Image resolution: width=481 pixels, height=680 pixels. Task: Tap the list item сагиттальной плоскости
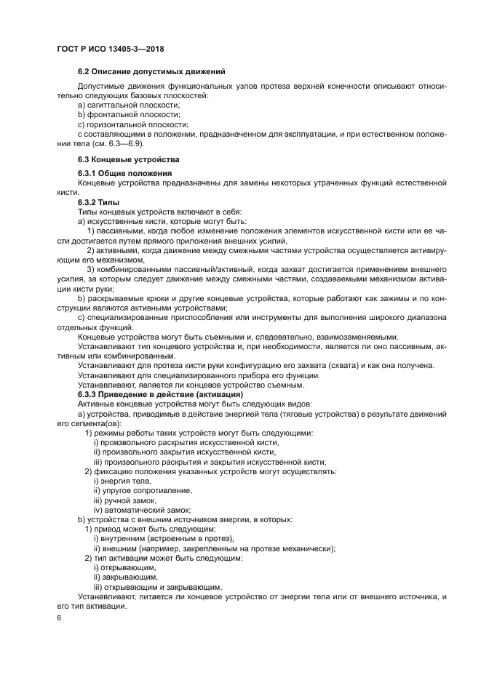[x=123, y=105]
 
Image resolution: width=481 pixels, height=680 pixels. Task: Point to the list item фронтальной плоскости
[x=123, y=115]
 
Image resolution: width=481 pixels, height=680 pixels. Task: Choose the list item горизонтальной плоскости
[x=128, y=124]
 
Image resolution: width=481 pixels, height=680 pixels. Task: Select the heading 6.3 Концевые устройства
[x=128, y=159]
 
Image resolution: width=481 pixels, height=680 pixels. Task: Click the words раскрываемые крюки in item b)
[x=119, y=298]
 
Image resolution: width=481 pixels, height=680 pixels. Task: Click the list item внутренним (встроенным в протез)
[x=162, y=538]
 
